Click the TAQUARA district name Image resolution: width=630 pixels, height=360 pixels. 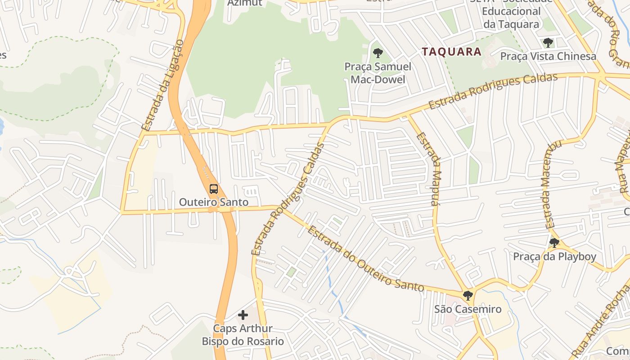pos(452,52)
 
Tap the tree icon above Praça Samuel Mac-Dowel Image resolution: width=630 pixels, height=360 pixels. pos(378,53)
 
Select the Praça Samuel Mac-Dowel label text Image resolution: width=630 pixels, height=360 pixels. pos(378,73)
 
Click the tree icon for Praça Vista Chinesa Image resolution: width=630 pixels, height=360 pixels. pos(548,43)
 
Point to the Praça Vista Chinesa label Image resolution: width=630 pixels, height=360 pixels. pos(548,57)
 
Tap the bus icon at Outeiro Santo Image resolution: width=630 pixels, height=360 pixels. pos(214,189)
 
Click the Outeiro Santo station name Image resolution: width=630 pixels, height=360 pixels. pos(214,202)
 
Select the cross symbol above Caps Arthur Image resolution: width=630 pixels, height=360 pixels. pos(243,315)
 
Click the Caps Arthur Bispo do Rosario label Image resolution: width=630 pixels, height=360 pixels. pos(243,335)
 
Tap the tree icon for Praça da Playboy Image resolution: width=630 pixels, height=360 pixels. pos(554,243)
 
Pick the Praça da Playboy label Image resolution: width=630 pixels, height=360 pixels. pos(554,257)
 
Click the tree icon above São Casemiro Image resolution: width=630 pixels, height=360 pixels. pos(468,296)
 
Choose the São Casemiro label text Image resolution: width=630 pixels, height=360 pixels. pos(468,309)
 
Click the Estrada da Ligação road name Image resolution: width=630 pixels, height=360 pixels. pos(162,85)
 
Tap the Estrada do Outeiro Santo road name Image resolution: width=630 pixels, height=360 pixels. pos(365,259)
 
